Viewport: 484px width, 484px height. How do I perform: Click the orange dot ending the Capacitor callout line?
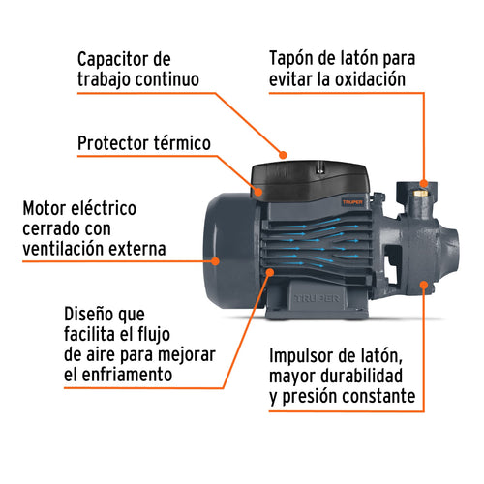point(282,153)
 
